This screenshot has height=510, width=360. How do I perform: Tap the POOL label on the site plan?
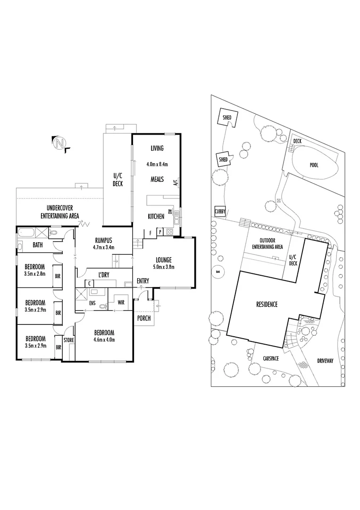[x=314, y=165]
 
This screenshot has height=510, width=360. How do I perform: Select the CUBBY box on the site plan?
[x=220, y=212]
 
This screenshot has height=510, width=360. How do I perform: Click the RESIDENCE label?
[x=267, y=305]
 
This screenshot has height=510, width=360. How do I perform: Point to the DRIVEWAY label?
[x=325, y=361]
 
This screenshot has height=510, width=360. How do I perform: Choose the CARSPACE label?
[x=271, y=358]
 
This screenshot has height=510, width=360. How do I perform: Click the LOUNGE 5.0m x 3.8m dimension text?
[x=164, y=267]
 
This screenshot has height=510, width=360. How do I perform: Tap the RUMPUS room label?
[x=104, y=241]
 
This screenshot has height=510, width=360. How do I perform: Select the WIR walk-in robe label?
[x=121, y=303]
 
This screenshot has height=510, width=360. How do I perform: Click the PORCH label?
[x=143, y=318]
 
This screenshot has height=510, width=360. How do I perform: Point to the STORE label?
[x=68, y=340]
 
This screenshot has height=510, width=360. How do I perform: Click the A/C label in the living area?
[x=175, y=182]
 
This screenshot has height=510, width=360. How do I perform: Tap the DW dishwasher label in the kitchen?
[x=169, y=212]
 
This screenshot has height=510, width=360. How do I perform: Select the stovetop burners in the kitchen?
[x=169, y=231]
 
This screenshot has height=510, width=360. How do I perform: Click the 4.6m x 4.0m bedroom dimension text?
[x=104, y=340]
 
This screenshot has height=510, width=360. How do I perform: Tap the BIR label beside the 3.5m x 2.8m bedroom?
[x=58, y=276]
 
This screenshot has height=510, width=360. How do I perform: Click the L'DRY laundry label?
[x=104, y=275]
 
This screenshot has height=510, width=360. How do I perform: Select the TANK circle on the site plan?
[x=218, y=272]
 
